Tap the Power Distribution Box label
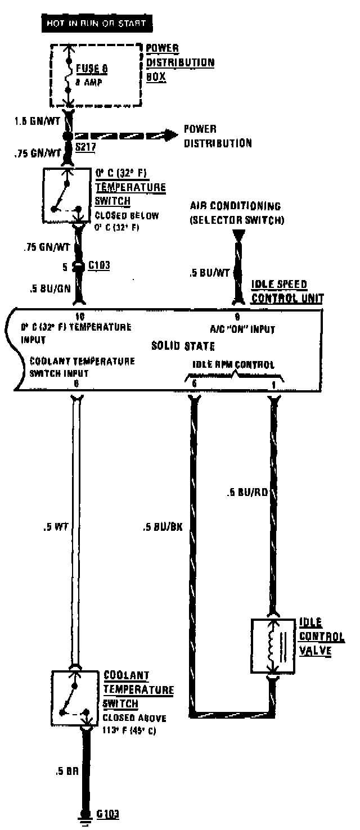point(179,62)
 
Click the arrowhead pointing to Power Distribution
point(168,135)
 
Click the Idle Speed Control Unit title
point(286,291)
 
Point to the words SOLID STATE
point(183,346)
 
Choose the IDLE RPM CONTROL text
point(233,365)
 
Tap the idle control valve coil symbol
point(273,645)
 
